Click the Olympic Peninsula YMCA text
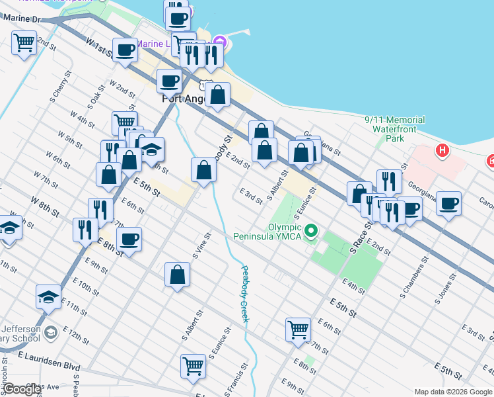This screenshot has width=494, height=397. [x=266, y=232]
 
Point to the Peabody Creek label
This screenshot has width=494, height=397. [x=244, y=294]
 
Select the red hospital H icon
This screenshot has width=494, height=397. [x=442, y=151]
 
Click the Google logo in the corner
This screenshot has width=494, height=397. [x=22, y=390]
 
